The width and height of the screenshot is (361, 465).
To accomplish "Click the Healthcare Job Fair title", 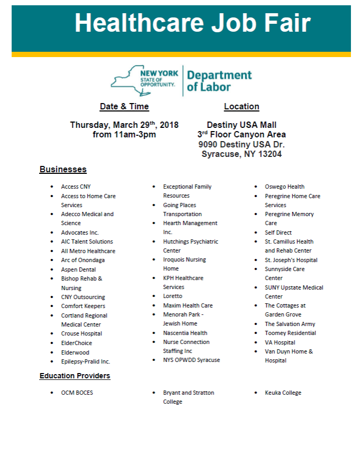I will [192, 24].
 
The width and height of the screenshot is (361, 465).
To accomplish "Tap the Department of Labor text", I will [219, 81].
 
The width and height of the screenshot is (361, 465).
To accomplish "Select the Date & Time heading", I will [124, 107].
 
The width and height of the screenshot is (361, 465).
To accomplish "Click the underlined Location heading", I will [242, 107].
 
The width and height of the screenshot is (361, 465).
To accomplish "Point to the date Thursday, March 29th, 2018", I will [124, 125].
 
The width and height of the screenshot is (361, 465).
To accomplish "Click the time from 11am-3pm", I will [124, 135].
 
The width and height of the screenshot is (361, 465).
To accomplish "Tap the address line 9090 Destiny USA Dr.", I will [242, 144].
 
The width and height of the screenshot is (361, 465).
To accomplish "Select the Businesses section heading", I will [63, 170].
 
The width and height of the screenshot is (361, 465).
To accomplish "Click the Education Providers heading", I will [75, 376].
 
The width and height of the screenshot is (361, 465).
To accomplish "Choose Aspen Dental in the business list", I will [78, 269].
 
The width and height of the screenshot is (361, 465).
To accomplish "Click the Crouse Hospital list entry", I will [81, 333].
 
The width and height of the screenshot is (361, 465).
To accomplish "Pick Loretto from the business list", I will [173, 296].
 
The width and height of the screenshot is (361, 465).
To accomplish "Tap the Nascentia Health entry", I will [185, 333].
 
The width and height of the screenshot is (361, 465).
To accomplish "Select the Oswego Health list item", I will [284, 187].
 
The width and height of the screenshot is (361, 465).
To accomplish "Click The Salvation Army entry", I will [290, 324].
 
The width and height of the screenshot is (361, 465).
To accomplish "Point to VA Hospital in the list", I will [280, 342].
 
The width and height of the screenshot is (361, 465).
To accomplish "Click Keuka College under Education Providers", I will [283, 393].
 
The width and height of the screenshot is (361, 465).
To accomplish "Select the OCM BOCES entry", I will [77, 393].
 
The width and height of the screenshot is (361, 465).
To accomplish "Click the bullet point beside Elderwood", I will [52, 352].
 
